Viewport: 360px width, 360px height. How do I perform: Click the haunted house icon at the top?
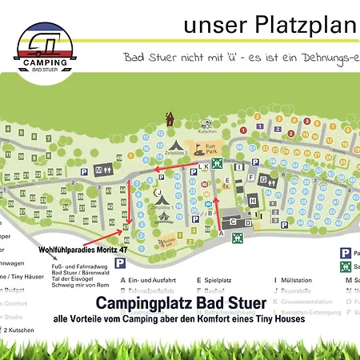point(170,119)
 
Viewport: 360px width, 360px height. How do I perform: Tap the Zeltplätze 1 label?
point(163,206)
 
